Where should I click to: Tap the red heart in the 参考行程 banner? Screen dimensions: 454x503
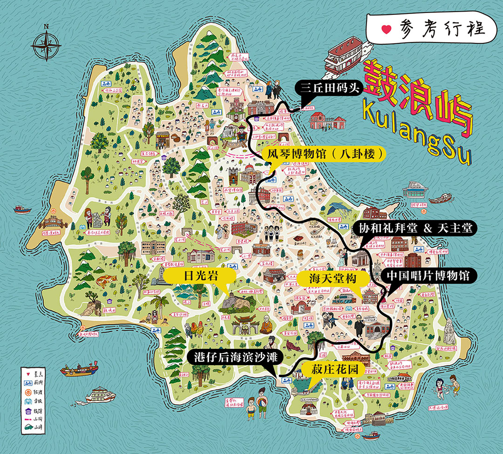click(x=386, y=29)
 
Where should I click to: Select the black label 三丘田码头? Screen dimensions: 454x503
click(x=327, y=87)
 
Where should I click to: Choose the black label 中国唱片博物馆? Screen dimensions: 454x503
click(x=429, y=276)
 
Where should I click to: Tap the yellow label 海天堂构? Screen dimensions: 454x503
click(x=333, y=278)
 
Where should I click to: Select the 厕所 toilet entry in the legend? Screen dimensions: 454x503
click(x=27, y=383)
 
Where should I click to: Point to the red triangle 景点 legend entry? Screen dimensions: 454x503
click(x=27, y=374)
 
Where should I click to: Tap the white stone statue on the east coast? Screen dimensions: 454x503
click(x=450, y=331)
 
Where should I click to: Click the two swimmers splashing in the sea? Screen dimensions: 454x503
click(x=447, y=387)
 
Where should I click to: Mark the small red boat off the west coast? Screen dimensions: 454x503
click(x=22, y=209)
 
